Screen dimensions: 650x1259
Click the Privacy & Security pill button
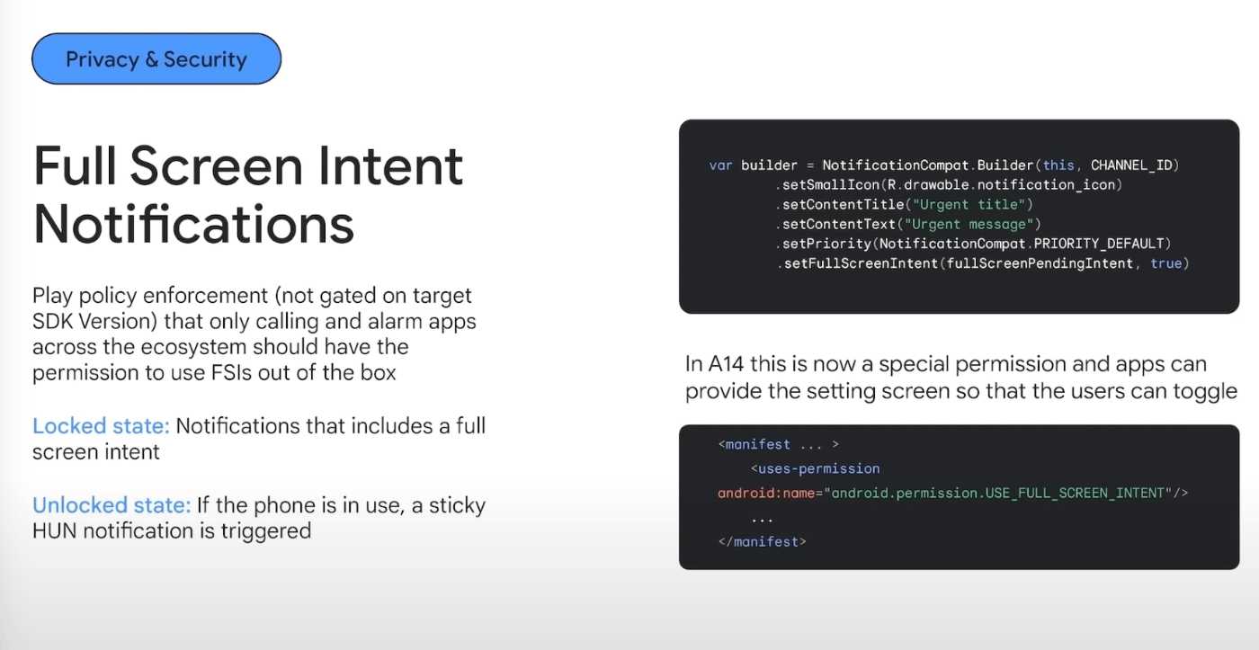156,59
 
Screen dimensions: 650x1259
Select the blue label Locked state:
101,425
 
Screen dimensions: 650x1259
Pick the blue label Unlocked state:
112,505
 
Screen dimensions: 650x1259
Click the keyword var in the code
720,165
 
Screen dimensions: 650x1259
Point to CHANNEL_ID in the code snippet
1134,165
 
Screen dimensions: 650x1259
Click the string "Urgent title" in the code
969,204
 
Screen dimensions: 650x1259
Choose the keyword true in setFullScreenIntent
1165,263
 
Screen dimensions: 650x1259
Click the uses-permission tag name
818,468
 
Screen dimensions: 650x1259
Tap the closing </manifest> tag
762,541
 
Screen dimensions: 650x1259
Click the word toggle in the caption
1206,391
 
